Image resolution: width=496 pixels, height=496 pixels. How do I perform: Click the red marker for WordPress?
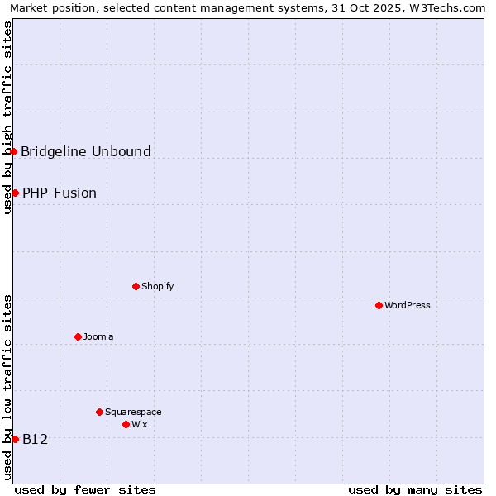point(379,305)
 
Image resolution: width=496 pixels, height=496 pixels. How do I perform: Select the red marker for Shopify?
point(136,286)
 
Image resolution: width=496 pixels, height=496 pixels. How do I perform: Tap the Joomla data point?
point(79,336)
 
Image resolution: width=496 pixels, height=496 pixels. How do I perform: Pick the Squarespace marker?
point(100,412)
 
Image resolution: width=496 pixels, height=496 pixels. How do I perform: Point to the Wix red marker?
point(126,424)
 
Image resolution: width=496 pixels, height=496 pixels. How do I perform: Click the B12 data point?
point(15,439)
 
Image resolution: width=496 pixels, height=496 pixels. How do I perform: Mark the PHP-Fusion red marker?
point(15,193)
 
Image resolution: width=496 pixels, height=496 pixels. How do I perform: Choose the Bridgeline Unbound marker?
point(14,151)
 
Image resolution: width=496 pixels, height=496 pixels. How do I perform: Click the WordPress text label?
point(408,305)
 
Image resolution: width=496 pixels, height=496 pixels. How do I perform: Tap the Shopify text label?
point(158,286)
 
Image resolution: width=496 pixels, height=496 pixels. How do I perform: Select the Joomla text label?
point(98,336)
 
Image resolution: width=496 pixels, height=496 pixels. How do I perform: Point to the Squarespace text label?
point(133,412)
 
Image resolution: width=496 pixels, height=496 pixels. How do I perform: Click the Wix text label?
point(140,424)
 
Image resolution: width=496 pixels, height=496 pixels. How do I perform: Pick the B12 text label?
point(35,439)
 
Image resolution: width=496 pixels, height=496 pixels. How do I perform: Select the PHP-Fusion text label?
point(60,193)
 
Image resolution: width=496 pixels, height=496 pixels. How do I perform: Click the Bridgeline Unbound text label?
point(86,151)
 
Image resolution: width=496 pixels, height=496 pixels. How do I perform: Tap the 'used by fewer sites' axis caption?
point(85,489)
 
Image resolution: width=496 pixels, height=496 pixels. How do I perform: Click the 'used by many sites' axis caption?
point(415,489)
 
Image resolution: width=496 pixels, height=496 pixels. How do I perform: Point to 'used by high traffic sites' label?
point(7,118)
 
